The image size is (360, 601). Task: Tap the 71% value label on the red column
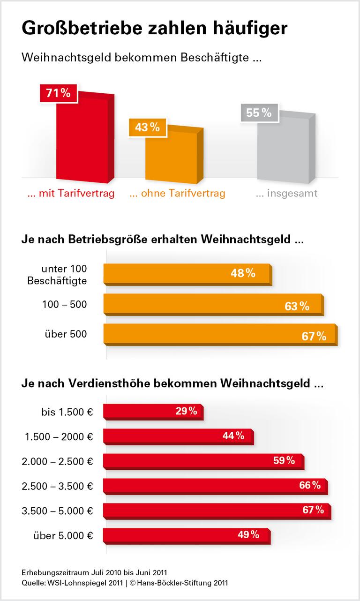tap(58, 93)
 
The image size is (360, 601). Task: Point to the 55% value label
tap(259, 113)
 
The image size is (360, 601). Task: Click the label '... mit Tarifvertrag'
tap(71, 193)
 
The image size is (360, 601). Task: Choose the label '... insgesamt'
tap(286, 193)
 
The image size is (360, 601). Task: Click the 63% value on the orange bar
tap(297, 307)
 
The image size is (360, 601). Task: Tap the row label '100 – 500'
tap(64, 305)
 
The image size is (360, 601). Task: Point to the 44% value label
tap(233, 436)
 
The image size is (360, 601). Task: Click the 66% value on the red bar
tap(310, 485)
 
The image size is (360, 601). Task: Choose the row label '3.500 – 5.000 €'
tap(57, 511)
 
